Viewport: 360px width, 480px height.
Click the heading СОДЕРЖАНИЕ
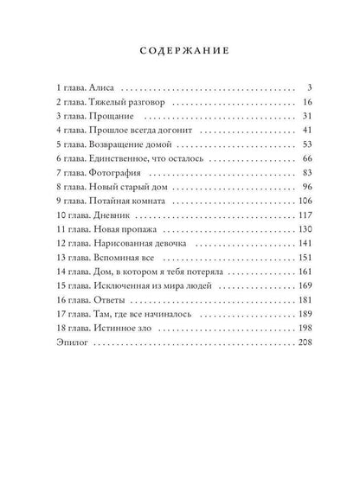[180, 50]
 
